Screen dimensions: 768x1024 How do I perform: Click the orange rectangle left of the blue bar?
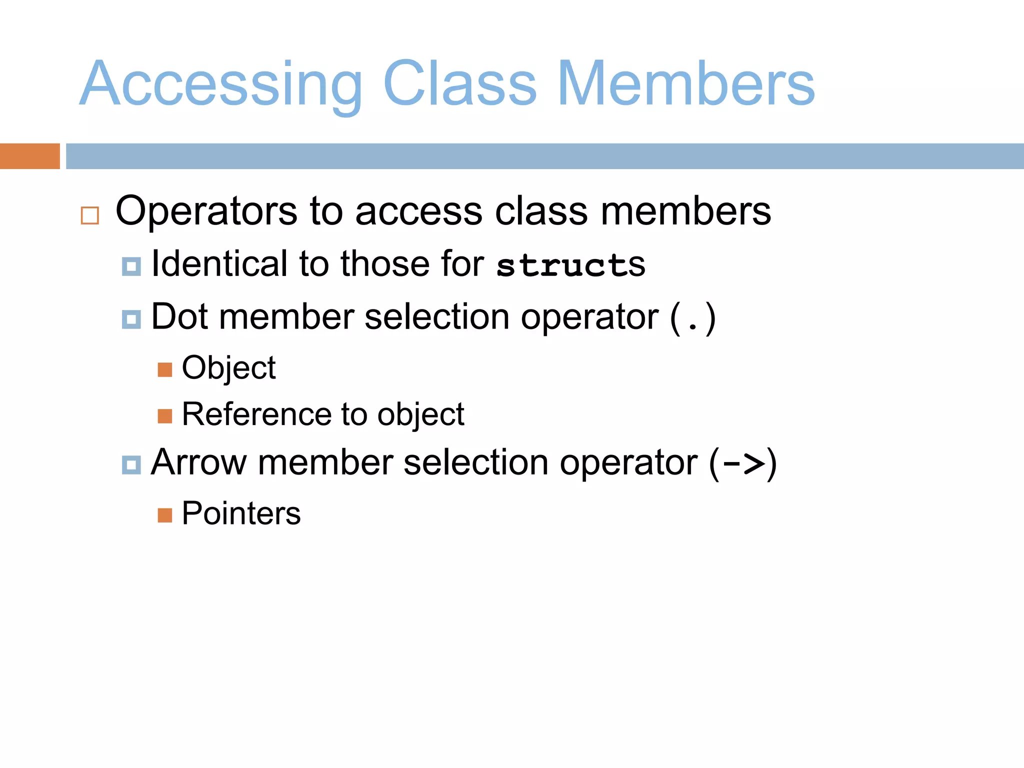point(29,156)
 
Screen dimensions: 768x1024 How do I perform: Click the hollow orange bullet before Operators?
point(90,215)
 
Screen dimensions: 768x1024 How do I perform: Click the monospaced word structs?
point(570,264)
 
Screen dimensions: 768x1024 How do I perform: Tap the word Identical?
point(219,263)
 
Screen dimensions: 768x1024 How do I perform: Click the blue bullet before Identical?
point(131,266)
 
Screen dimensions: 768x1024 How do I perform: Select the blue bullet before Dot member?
point(131,319)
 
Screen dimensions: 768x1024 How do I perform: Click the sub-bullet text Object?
point(228,368)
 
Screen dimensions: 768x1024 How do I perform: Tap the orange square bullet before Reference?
point(165,416)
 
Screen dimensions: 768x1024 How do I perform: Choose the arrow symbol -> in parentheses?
point(743,463)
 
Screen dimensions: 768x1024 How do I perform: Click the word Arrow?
point(198,462)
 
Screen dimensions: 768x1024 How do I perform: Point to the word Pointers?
point(241,513)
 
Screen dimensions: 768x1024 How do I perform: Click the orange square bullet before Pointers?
point(165,515)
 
